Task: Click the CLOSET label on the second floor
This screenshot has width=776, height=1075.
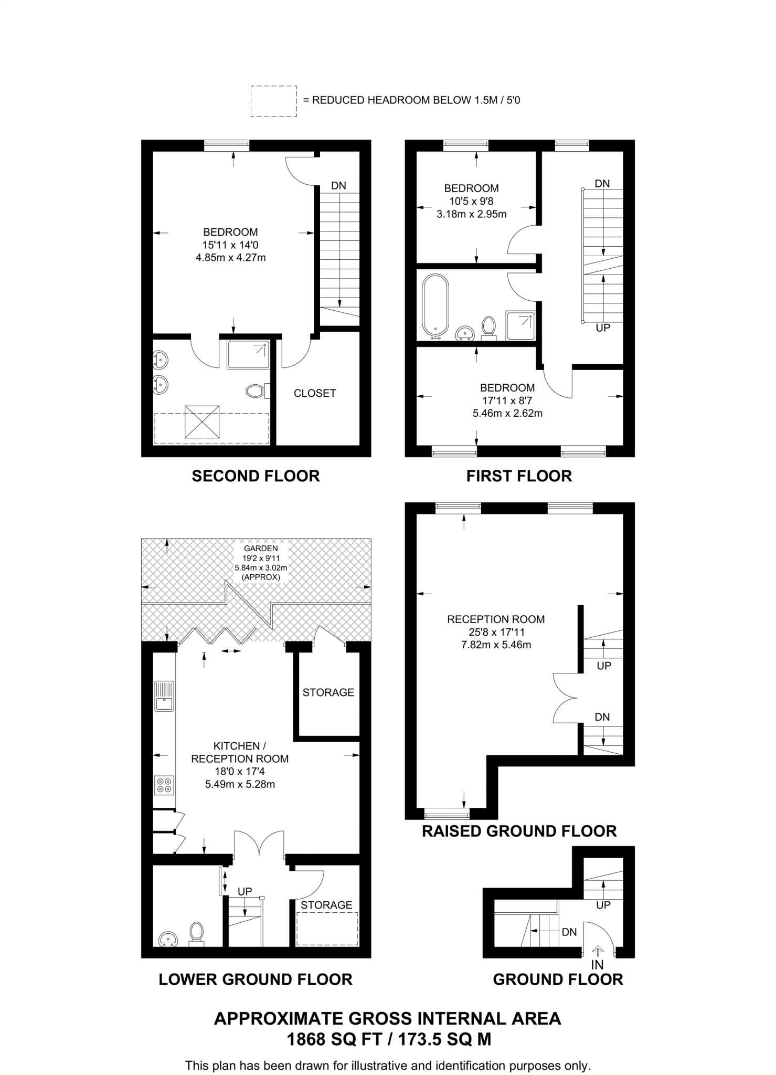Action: pos(314,393)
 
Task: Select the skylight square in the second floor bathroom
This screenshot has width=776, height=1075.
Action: pos(201,421)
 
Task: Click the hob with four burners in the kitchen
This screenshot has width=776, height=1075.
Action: pos(164,785)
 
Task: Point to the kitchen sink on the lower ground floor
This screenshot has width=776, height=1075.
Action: pos(164,696)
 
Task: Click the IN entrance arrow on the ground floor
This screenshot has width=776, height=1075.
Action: pos(597,951)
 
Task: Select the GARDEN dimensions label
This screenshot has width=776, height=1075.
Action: pos(261,562)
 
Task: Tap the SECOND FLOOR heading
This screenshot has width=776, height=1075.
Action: pos(256,476)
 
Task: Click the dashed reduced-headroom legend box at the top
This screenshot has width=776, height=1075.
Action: pos(273,101)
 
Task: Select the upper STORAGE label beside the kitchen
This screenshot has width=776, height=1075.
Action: pos(328,692)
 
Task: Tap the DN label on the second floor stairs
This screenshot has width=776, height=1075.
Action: pos(338,185)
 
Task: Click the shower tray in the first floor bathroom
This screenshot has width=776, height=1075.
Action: pos(520,325)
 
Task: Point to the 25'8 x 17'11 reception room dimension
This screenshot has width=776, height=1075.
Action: pos(496,632)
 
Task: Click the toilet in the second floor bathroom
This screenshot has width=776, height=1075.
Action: pos(256,391)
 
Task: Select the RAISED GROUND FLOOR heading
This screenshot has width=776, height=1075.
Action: pos(519,831)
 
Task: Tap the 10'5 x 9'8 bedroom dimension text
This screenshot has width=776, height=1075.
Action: pos(471,201)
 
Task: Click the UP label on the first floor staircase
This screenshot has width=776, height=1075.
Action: pos(603,328)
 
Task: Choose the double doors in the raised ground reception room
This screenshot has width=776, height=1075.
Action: pos(566,698)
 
